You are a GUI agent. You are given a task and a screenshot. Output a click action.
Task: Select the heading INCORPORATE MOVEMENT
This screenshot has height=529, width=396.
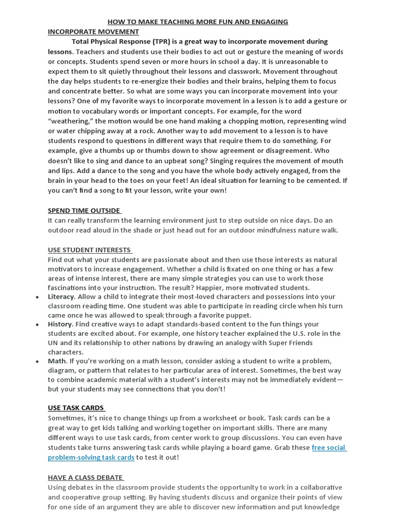point(93,32)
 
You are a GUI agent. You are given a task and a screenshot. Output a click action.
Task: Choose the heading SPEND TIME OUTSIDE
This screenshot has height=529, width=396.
point(84,210)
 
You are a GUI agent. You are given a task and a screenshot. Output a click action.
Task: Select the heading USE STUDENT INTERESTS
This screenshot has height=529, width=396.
point(89,250)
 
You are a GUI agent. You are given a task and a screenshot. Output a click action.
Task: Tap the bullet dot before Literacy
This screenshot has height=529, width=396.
point(38,298)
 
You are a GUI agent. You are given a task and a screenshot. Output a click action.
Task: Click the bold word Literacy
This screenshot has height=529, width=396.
point(61,297)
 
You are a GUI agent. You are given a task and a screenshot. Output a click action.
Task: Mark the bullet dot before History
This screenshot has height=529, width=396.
point(38,325)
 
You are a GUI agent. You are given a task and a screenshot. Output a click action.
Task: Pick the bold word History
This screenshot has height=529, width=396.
point(60,324)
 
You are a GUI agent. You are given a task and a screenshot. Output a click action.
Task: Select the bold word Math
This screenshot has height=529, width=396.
point(57,361)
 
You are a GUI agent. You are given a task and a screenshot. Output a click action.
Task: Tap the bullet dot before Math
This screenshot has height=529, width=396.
point(38,362)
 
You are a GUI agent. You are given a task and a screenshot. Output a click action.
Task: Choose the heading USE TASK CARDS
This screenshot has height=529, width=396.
point(76,408)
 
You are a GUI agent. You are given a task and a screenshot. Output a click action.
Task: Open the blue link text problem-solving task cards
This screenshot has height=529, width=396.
point(91,457)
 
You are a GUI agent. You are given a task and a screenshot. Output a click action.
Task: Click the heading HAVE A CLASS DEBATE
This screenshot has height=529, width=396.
point(85,477)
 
